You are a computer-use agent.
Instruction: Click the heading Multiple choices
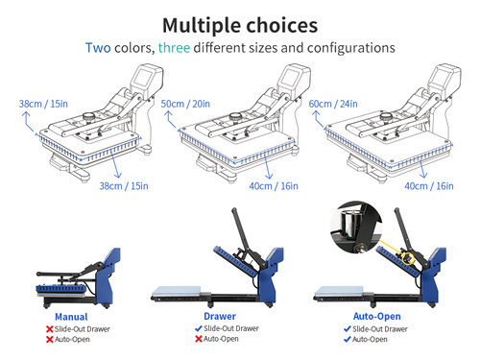coord(240,24)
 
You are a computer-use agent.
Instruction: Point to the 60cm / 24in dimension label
coord(348,102)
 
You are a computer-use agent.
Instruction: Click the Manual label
coord(71,316)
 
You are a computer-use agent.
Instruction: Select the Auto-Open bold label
coord(375,316)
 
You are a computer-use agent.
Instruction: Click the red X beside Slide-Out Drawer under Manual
coord(50,328)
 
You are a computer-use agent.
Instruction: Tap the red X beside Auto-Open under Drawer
coord(200,340)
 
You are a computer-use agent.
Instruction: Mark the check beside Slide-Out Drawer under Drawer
coord(200,328)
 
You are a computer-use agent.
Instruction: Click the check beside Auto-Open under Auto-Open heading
coord(348,340)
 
